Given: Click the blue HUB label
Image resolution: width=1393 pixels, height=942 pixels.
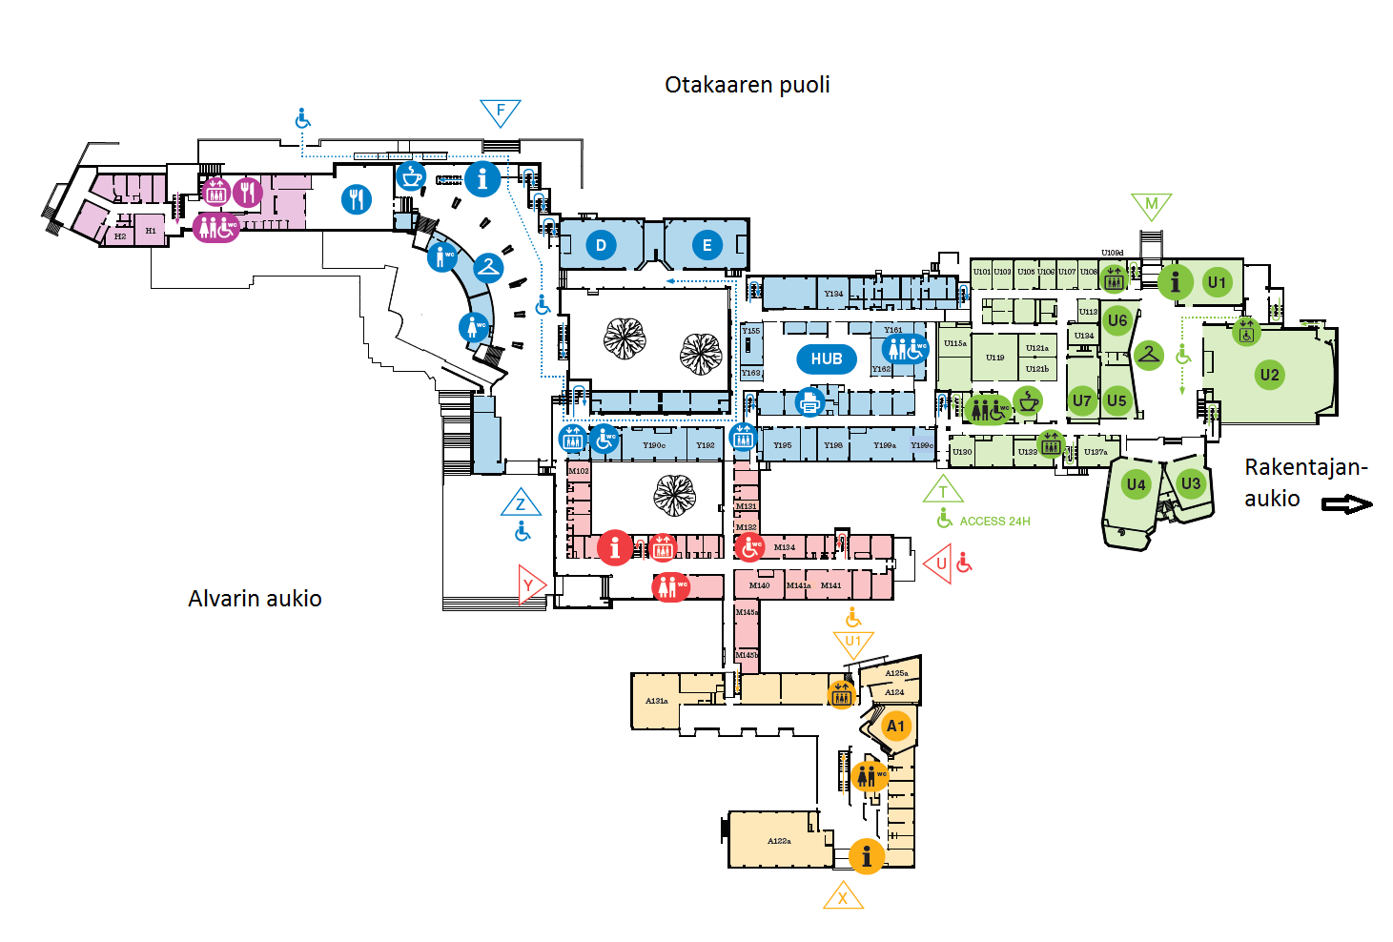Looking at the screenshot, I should point(826,359).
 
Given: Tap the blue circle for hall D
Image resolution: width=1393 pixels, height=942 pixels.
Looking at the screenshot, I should point(601,245).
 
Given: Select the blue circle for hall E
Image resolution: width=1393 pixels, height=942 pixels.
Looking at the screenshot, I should point(707,245).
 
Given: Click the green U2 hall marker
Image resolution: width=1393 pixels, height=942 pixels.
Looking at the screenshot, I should point(1269,375).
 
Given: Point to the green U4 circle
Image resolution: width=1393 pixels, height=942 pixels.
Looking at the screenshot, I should point(1136,484).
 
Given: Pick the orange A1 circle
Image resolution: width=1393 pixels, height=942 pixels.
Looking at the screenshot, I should point(895,727).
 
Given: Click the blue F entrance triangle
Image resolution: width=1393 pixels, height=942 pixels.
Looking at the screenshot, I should point(501,113).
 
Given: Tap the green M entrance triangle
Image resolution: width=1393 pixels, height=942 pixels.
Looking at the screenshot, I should point(1151,205).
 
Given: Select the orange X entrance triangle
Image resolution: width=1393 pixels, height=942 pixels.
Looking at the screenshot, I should point(843,897).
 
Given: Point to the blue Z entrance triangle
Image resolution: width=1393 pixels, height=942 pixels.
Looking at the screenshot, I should point(521,503).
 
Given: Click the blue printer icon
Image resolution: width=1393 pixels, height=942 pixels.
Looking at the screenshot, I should point(809,402).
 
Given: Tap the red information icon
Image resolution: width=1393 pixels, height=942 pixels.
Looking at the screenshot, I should point(615,548).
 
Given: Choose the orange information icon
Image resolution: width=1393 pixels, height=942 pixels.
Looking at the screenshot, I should point(866,855).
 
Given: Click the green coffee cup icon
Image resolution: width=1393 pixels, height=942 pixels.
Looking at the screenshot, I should point(1028,401).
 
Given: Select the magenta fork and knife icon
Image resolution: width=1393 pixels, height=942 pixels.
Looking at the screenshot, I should point(248,193).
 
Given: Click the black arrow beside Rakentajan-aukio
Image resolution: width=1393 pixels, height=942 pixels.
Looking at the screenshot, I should point(1346,504).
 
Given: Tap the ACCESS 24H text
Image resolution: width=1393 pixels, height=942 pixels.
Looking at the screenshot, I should point(994,522).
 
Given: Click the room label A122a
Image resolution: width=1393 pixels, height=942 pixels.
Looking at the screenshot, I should point(779,841).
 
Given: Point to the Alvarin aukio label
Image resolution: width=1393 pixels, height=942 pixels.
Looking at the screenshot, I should point(255,599).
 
